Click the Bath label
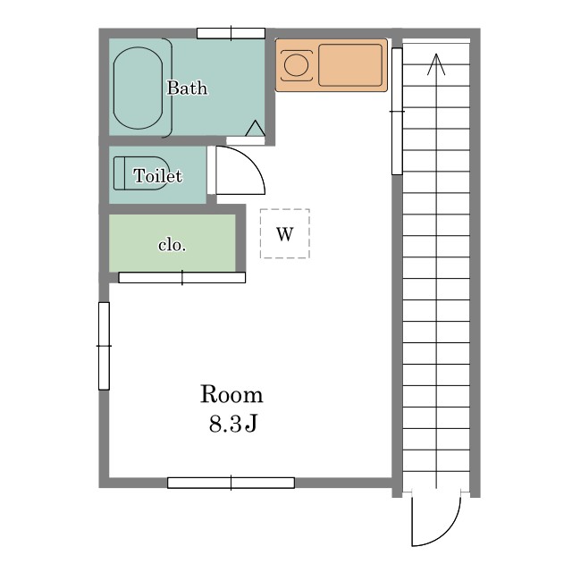[187, 88]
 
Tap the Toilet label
[157, 176]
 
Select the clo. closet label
[172, 245]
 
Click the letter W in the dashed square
[285, 234]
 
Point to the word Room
[231, 394]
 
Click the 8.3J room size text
[233, 424]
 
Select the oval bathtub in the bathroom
[138, 88]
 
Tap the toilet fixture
[141, 173]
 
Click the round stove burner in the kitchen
[296, 65]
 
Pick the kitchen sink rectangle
[350, 65]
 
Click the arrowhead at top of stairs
[436, 64]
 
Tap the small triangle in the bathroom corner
[255, 129]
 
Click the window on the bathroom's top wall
[231, 34]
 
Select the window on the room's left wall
[104, 346]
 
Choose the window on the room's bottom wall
[231, 483]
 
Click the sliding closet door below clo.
[182, 278]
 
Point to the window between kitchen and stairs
[397, 111]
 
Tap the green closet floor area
[172, 243]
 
